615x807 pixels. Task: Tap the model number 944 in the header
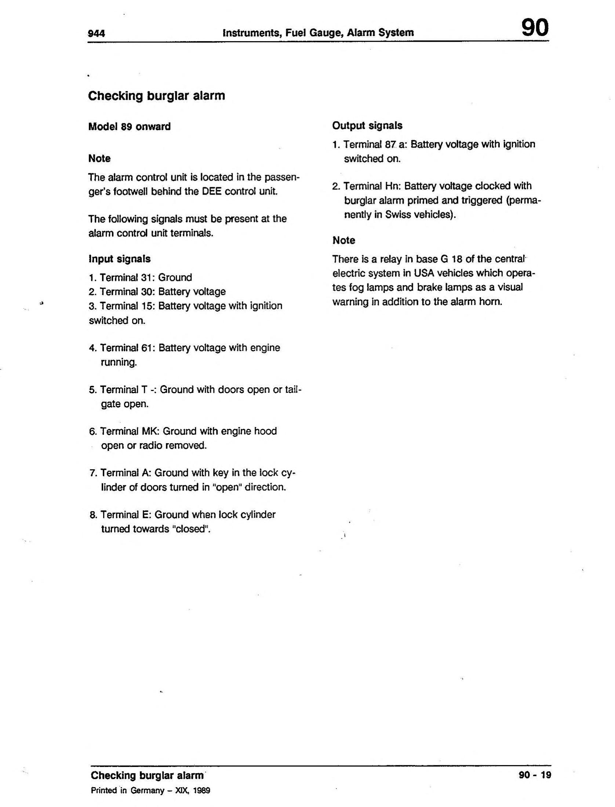pos(97,34)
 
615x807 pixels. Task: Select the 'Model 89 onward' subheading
pos(130,127)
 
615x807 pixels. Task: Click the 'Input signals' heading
pos(120,259)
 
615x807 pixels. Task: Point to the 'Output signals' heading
pos(367,126)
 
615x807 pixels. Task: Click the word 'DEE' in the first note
pos(212,192)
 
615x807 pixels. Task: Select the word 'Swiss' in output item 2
pos(398,215)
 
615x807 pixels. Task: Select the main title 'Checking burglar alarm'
pos(157,96)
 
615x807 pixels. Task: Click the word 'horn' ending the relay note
pos(490,302)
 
